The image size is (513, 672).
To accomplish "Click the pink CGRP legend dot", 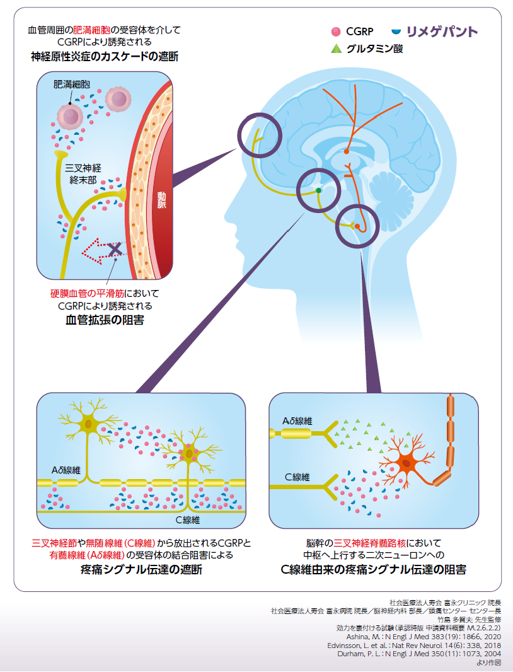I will pyautogui.click(x=336, y=31).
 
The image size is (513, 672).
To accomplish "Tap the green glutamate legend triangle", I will pyautogui.click(x=336, y=48).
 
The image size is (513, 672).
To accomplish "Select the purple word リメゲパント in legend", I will pyautogui.click(x=441, y=32).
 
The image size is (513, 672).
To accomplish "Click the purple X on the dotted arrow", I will pyautogui.click(x=115, y=250).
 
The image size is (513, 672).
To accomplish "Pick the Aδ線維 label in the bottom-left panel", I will pyautogui.click(x=66, y=470).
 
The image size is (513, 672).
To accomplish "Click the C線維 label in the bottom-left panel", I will pyautogui.click(x=187, y=520).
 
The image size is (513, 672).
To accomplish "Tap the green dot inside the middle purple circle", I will pyautogui.click(x=319, y=190).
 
